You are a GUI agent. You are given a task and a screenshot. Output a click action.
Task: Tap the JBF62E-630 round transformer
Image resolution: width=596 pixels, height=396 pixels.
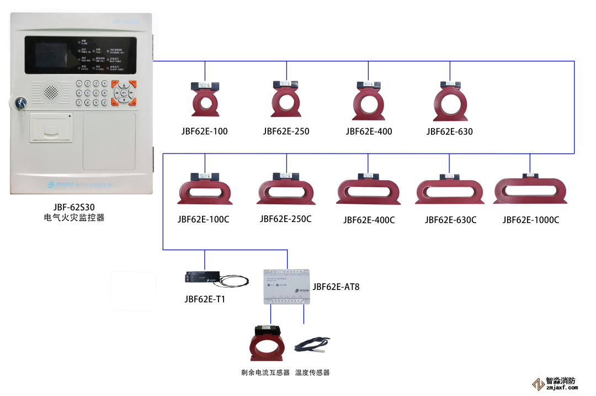450,101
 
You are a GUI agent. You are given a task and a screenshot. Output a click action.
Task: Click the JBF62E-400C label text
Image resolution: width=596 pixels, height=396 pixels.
369,220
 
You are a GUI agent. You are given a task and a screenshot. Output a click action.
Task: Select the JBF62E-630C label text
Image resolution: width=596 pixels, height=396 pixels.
450,220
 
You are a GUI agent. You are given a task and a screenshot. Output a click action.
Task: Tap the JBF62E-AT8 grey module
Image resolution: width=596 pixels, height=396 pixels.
287,287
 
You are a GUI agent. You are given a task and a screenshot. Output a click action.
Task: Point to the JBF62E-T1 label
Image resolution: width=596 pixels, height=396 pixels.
205,299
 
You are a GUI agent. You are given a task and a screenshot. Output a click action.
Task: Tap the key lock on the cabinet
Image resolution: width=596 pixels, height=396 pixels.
21,103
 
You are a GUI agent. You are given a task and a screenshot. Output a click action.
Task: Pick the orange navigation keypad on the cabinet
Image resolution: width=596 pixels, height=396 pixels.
124,93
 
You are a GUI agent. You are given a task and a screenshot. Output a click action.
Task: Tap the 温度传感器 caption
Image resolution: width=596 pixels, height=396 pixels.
312,373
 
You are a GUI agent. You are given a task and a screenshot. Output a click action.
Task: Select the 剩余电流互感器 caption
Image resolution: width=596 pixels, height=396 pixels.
265,373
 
